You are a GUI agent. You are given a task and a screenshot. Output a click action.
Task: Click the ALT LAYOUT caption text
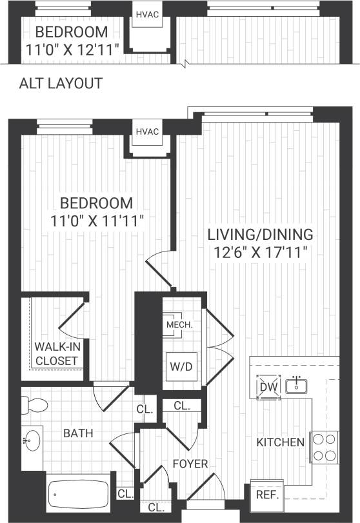coord(61,83)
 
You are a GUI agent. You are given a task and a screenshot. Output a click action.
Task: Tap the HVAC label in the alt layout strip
coord(146,14)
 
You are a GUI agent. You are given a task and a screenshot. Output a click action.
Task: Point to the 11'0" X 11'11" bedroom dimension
coord(97,220)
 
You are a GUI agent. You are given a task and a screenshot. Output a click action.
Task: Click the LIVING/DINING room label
coord(260,234)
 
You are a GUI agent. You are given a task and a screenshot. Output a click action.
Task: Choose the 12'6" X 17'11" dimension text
coord(260,252)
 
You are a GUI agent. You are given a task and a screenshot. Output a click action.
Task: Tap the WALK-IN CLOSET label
coord(56,354)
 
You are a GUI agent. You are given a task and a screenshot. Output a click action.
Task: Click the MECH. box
coord(179,325)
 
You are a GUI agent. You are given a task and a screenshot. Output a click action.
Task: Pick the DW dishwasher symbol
coord(267,387)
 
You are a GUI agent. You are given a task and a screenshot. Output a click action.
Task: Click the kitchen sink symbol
coord(297,386)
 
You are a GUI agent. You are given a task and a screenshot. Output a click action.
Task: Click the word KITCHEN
coord(280,442)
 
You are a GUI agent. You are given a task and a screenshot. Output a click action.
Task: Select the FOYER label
coord(190,464)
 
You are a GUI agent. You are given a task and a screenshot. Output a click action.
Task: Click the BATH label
coord(77,433)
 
